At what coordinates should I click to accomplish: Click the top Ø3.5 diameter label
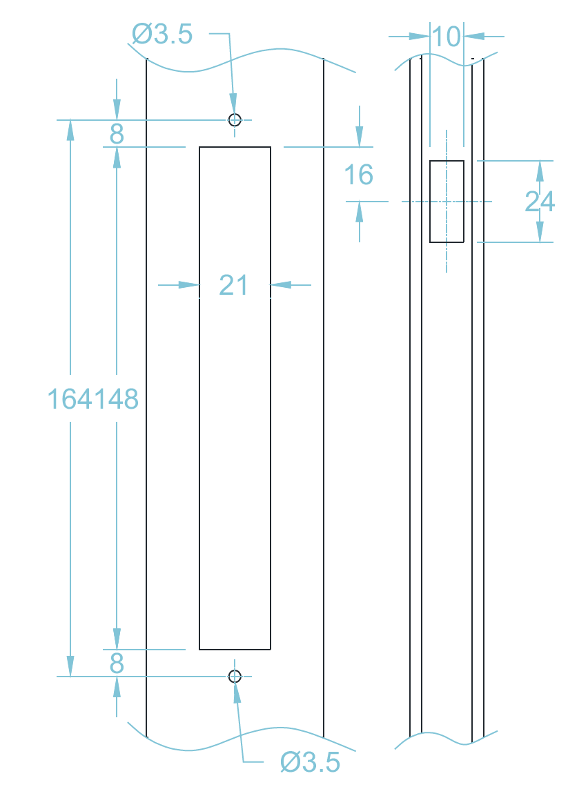click(x=162, y=34)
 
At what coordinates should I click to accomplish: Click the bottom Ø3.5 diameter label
click(x=310, y=762)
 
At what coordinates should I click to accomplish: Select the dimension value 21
click(x=233, y=285)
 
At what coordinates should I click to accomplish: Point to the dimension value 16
click(x=359, y=175)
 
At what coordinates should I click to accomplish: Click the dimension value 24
click(x=540, y=202)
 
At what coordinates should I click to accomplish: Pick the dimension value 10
click(x=446, y=37)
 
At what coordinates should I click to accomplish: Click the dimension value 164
click(x=70, y=399)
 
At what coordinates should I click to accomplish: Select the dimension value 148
click(x=116, y=399)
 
